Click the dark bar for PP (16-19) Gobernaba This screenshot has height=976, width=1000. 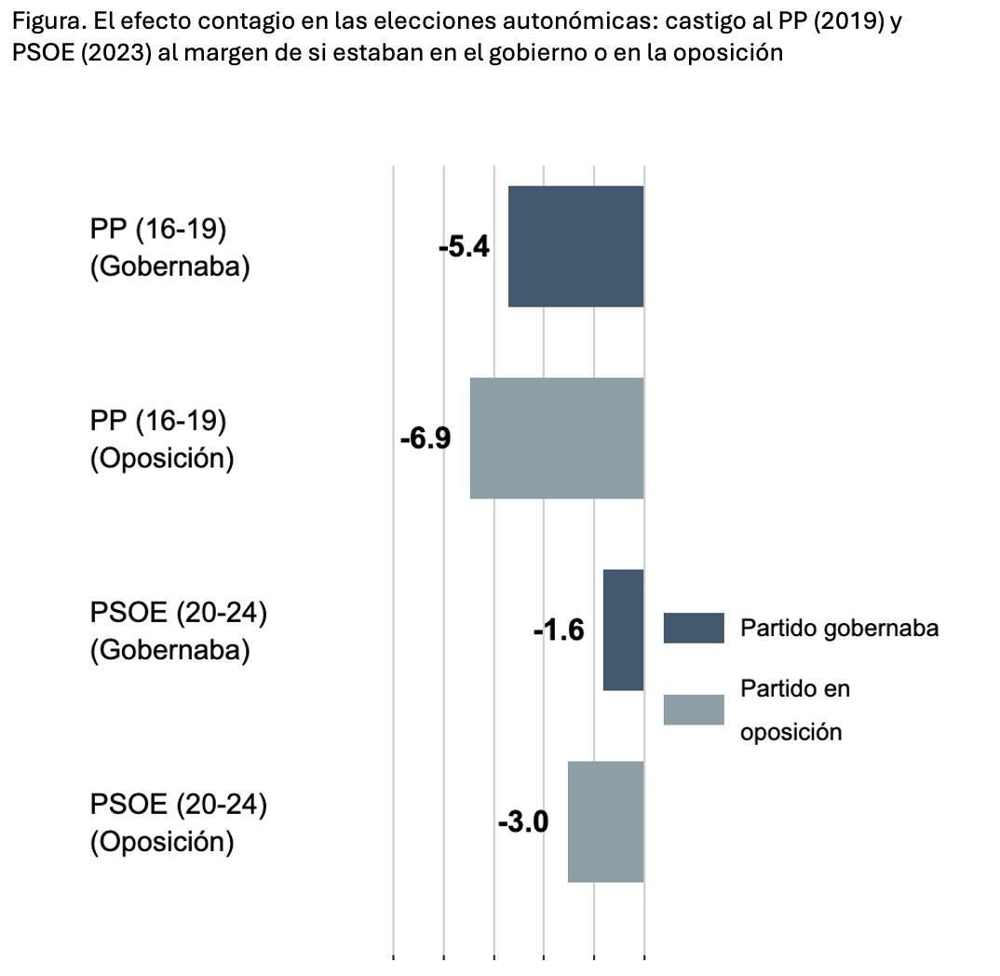575,246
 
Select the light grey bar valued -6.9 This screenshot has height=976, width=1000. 556,438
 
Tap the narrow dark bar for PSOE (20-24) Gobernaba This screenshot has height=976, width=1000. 623,630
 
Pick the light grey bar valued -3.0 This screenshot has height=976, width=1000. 605,821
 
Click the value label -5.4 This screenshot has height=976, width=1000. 464,248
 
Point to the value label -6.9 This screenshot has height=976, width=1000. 426,439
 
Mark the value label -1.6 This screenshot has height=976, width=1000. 559,630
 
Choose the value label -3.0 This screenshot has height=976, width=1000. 523,822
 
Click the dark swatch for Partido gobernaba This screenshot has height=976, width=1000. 694,628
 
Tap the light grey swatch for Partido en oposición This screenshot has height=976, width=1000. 694,710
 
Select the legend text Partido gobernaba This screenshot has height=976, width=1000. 839,628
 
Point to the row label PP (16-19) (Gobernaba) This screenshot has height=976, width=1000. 170,248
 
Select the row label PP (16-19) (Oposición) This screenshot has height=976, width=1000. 162,440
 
